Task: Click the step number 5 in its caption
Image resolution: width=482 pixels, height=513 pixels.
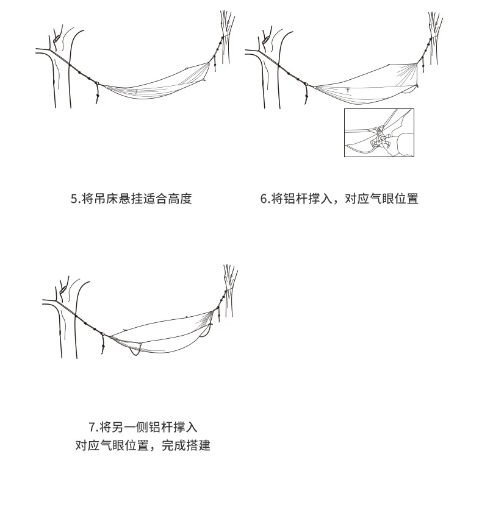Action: [x=74, y=199]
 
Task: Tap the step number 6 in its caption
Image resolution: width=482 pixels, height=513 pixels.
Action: [x=264, y=199]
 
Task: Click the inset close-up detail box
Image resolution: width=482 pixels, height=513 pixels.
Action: [x=378, y=132]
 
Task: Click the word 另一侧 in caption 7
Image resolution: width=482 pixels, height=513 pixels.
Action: [x=129, y=427]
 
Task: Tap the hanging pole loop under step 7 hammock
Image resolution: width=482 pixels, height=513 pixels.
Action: [x=135, y=350]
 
